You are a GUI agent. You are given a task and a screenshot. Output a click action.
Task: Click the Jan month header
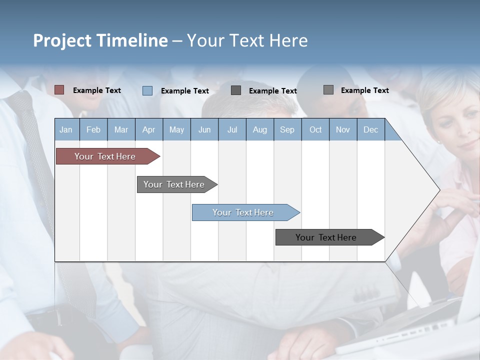coord(66,129)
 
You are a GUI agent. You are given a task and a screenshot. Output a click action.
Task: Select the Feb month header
coord(93,129)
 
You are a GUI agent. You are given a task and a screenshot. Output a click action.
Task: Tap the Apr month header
coord(148,129)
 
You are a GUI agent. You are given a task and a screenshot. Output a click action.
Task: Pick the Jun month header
coord(204,129)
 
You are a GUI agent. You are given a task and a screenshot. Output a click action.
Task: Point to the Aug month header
coord(259,129)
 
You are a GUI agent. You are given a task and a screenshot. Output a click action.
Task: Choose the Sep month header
coord(287,129)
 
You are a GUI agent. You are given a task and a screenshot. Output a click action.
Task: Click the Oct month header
coord(315,129)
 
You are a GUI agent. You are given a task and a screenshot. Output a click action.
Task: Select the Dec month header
coord(370,129)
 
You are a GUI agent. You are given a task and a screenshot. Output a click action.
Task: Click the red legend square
coord(59,90)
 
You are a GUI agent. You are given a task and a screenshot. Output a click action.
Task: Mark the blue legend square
coord(147,90)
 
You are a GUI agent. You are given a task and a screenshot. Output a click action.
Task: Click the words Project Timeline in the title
coord(100,40)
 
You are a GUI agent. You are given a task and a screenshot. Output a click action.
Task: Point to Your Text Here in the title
coord(247,40)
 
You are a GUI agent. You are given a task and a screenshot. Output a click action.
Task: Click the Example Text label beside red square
coord(97,90)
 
